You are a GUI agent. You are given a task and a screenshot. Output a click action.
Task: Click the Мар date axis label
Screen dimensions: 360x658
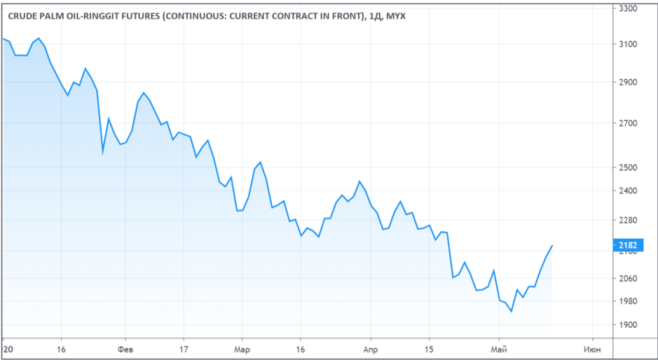click(242, 348)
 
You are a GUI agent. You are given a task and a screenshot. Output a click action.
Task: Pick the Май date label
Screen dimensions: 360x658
click(499, 348)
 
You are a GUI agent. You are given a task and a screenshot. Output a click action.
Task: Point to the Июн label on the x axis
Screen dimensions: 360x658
click(592, 348)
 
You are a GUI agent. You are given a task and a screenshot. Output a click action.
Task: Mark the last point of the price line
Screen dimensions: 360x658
click(552, 246)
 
